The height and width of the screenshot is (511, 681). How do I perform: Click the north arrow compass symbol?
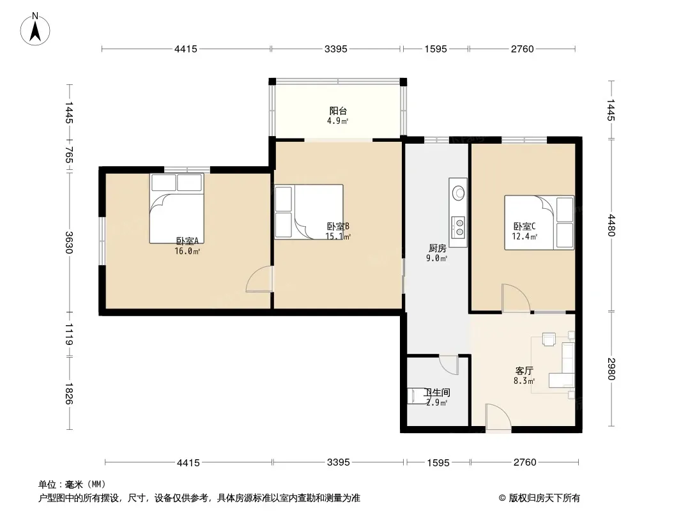click(35, 29)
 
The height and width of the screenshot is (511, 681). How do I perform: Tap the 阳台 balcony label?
click(338, 111)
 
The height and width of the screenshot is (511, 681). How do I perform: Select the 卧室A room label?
click(187, 241)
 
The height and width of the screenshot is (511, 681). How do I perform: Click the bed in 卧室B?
click(309, 212)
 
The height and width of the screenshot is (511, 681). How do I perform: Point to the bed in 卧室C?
click(539, 223)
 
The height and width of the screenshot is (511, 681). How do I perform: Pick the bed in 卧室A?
click(177, 208)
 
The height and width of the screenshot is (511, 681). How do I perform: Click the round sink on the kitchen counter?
click(458, 192)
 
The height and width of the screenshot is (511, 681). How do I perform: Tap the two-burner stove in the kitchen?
click(458, 227)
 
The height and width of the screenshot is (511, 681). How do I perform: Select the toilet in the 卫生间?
click(417, 395)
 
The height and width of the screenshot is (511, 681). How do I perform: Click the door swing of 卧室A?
click(259, 278)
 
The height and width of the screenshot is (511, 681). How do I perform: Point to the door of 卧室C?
click(516, 298)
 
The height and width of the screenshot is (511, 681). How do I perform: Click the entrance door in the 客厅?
click(498, 417)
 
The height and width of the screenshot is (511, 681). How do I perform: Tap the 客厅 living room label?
click(524, 371)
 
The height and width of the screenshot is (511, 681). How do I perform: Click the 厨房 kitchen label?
click(438, 248)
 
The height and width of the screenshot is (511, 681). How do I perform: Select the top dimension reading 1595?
click(436, 49)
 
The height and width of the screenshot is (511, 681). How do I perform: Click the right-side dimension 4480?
click(611, 225)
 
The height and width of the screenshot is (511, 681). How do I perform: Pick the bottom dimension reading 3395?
click(339, 462)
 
